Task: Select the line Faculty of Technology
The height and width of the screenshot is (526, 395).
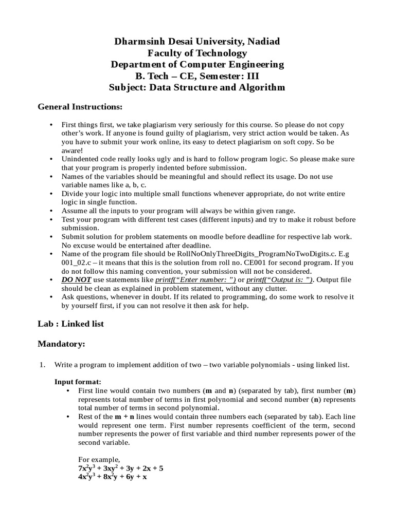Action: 197,53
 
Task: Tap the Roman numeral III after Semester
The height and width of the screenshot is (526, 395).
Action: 251,76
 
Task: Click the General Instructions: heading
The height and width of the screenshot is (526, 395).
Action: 80,107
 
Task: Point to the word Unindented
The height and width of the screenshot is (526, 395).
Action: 81,159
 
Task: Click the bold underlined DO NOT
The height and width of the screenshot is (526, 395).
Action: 76,280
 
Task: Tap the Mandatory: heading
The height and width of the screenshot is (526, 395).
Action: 61,344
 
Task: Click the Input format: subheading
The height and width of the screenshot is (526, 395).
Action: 78,382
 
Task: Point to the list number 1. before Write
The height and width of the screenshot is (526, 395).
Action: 43,365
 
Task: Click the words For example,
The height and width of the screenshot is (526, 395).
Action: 99,459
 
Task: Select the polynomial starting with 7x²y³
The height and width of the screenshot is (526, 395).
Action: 121,468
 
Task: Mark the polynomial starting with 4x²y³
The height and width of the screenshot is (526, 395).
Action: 113,477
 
